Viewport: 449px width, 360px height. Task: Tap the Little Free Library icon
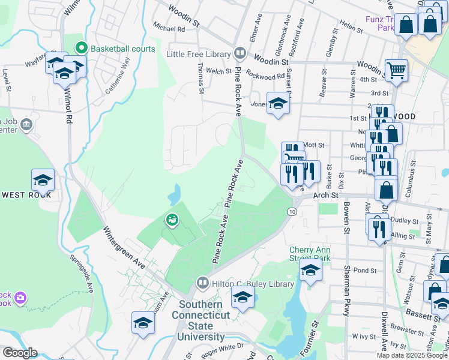240,53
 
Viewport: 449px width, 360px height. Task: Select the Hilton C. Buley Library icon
202,282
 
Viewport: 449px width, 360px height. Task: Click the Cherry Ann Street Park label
310,254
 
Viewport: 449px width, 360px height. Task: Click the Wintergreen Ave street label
124,247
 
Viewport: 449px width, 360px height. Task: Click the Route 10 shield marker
292,212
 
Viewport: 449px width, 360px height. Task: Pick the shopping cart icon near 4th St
396,70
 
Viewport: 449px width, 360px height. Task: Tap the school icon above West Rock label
43,180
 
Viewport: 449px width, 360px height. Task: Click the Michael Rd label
169,28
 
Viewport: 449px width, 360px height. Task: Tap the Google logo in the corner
19,353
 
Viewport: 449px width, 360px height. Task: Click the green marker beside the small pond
172,220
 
